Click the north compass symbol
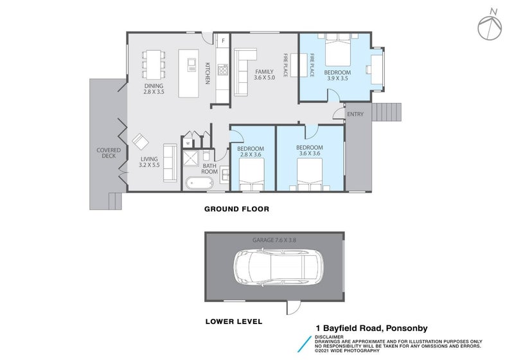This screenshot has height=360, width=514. [x=490, y=26]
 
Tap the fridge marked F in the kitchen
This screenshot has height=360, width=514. [x=223, y=40]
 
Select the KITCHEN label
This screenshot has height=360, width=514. [x=208, y=73]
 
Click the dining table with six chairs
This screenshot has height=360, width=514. [x=154, y=64]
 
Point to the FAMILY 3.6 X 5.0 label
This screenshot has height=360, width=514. [x=264, y=75]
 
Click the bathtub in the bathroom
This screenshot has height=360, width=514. [x=200, y=184]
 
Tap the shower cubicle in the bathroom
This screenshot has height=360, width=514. [x=190, y=158]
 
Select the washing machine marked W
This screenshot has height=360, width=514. [x=188, y=143]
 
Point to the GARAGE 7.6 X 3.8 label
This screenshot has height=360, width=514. [x=274, y=240]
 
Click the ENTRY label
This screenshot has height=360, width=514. [x=355, y=114]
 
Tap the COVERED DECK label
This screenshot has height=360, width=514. [x=109, y=153]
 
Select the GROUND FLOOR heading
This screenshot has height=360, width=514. [x=236, y=209]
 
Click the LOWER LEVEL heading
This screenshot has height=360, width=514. [x=234, y=321]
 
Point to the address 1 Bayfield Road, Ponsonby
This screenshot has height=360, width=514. [x=372, y=328]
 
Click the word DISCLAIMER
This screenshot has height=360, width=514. [x=329, y=337]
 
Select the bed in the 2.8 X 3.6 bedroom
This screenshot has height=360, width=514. [x=252, y=174]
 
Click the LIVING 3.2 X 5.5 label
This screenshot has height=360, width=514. [x=149, y=162]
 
